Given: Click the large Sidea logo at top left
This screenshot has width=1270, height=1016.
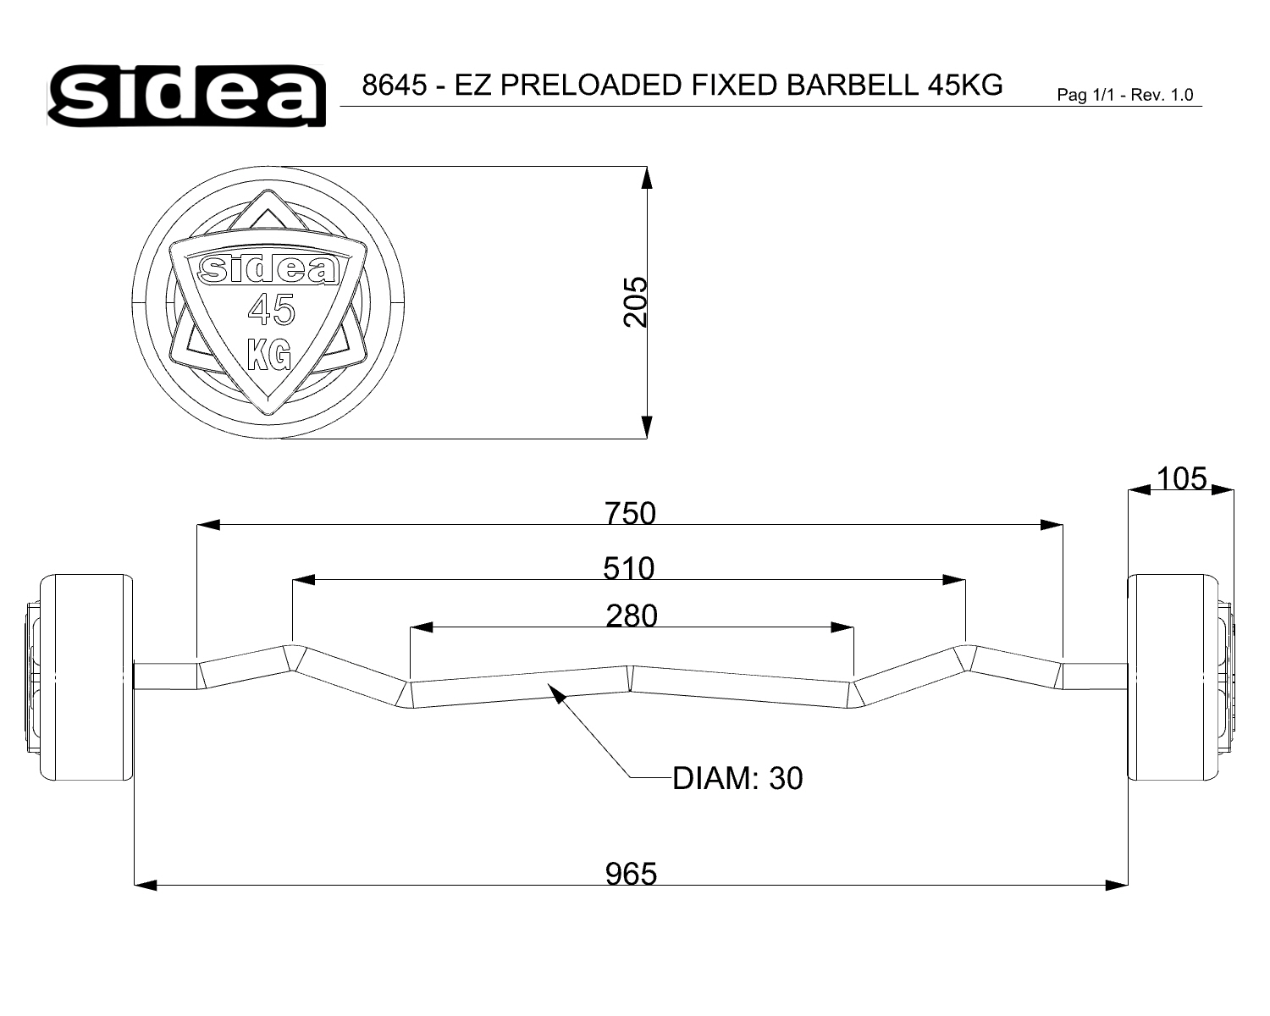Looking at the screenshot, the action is [186, 96].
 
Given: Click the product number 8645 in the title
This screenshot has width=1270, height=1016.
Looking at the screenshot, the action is [394, 85].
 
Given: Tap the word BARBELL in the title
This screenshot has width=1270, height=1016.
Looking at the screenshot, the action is [853, 85].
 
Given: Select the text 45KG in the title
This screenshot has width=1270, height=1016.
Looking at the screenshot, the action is [965, 85].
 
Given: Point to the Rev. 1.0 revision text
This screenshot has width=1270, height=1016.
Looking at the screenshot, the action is [1162, 95].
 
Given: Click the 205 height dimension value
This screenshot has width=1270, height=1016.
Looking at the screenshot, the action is [636, 302].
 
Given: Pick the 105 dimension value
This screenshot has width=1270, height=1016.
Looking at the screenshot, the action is [1181, 478].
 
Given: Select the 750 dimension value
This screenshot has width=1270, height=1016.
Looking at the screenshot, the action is [630, 513].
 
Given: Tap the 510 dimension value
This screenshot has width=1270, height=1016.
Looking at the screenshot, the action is [628, 568].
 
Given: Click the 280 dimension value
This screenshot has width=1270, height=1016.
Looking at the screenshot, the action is [632, 616].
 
